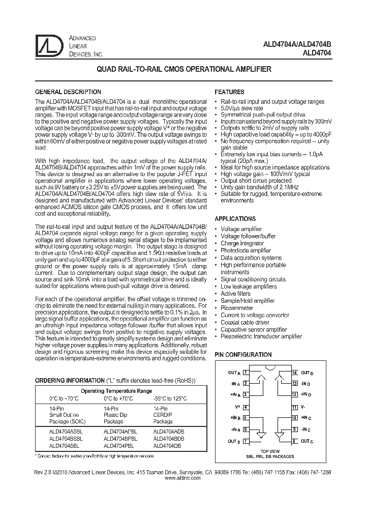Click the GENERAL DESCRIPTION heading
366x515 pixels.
click(x=67, y=92)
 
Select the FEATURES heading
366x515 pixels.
click(x=229, y=92)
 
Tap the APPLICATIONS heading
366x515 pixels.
click(x=235, y=218)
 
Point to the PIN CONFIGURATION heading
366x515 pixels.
click(x=243, y=354)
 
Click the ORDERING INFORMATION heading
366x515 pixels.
click(x=68, y=381)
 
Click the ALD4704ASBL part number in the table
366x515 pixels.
click(x=66, y=431)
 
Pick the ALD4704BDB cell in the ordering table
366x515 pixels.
click(x=169, y=438)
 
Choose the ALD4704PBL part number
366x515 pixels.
click(x=118, y=445)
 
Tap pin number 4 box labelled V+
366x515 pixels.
click(x=246, y=407)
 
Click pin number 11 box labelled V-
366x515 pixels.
click(x=294, y=407)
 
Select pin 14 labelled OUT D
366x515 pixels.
click(x=294, y=373)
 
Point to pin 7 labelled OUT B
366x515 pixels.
click(x=246, y=441)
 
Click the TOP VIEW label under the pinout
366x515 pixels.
click(x=269, y=451)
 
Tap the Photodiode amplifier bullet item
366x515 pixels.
click(x=246, y=250)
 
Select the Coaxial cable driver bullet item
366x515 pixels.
click(x=245, y=322)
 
